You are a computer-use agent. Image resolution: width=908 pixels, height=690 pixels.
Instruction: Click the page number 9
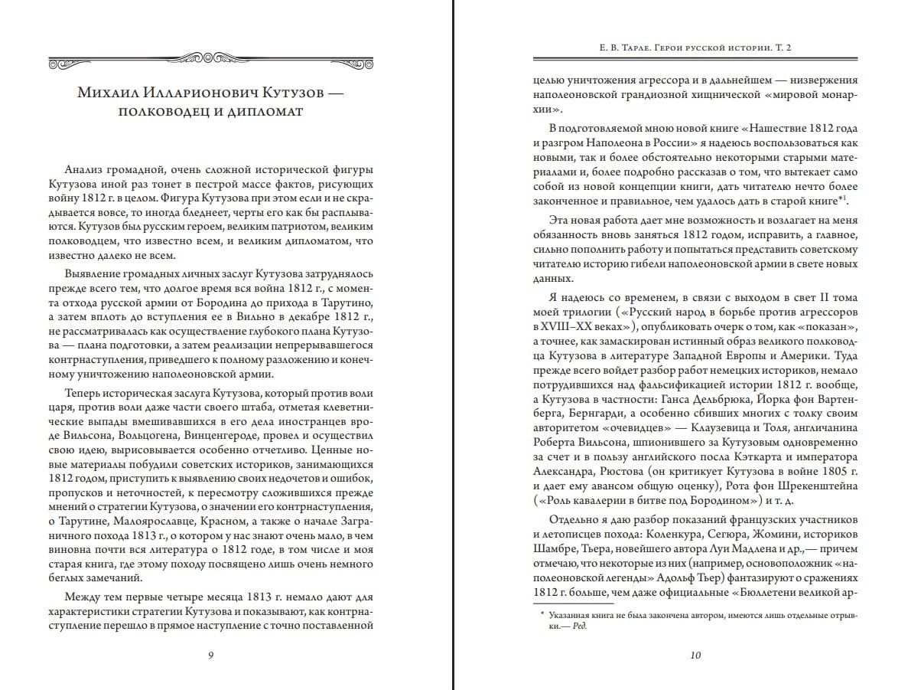tap(210, 655)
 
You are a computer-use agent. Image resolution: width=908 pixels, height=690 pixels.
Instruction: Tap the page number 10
tap(695, 655)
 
